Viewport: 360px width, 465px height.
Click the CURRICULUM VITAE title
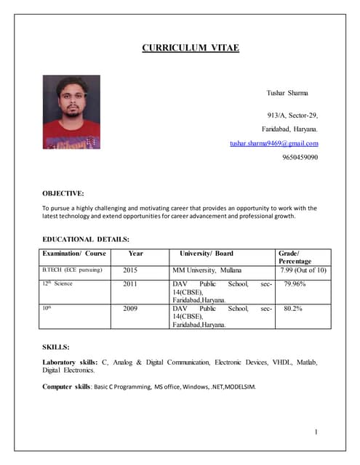[x=190, y=49]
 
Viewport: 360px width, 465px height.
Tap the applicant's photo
[x=71, y=112]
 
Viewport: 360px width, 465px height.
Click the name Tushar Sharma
[x=288, y=93]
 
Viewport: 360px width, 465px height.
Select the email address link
[x=273, y=143]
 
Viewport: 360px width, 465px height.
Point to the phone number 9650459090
[x=299, y=157]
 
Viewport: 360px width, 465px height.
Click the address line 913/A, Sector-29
[x=292, y=115]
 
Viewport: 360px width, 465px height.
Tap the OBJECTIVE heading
[x=63, y=193]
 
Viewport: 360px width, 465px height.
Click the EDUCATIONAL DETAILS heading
[x=86, y=238]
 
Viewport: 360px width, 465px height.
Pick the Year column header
[x=135, y=254]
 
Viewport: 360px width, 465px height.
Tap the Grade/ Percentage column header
[x=295, y=257]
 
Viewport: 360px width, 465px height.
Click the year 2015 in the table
[x=130, y=270]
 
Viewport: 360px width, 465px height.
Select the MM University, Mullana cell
[x=207, y=270]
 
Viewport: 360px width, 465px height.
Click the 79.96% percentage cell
[x=297, y=283]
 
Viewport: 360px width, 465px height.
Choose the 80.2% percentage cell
[x=293, y=308]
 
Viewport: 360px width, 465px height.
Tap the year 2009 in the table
[x=130, y=308]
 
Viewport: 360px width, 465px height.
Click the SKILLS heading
[x=57, y=347]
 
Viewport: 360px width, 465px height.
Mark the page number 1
[x=316, y=433]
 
